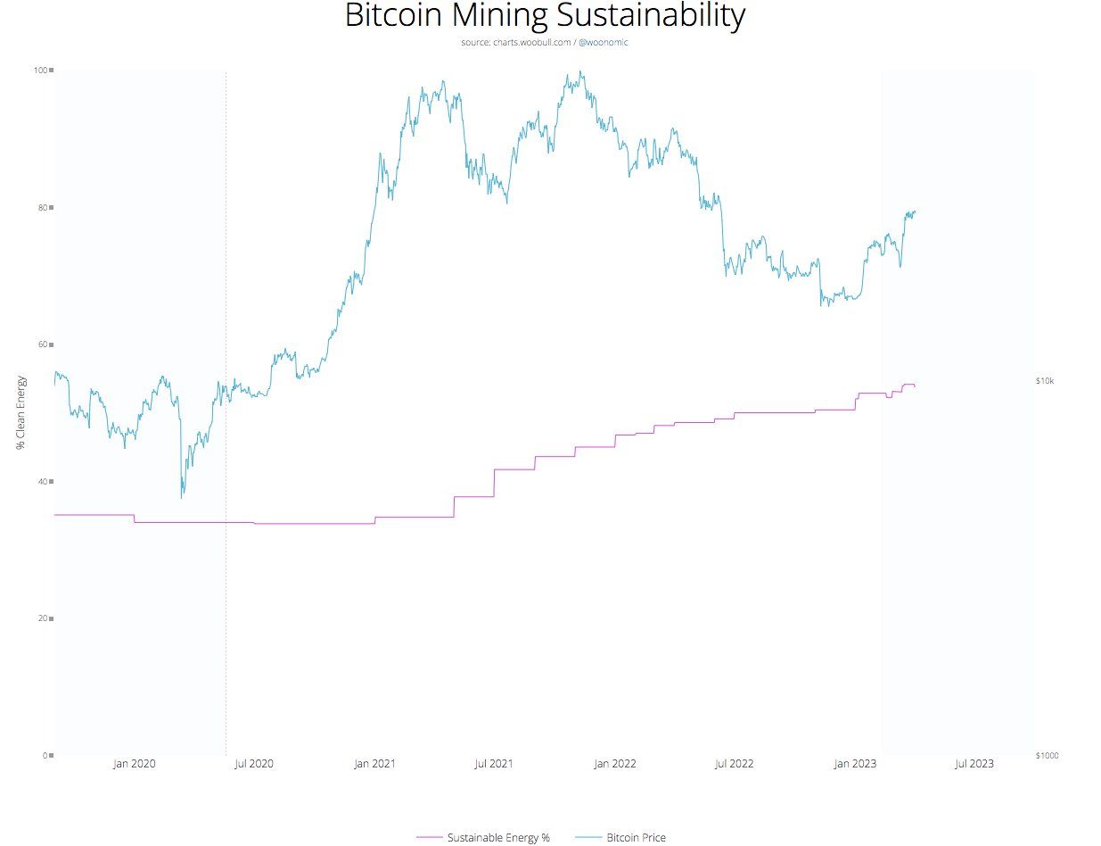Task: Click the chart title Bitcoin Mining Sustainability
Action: coord(544,16)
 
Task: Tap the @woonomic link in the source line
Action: coord(604,42)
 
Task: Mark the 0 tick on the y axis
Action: coord(45,756)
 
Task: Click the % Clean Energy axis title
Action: coord(21,411)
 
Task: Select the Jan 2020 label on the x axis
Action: coord(135,764)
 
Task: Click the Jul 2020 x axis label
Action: coord(254,764)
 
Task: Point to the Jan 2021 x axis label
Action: coord(374,764)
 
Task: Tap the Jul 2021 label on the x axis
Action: coord(494,764)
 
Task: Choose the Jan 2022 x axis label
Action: coord(614,764)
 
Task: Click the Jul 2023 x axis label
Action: coord(974,764)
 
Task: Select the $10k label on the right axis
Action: coord(1045,381)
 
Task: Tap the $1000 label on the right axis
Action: coord(1048,756)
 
